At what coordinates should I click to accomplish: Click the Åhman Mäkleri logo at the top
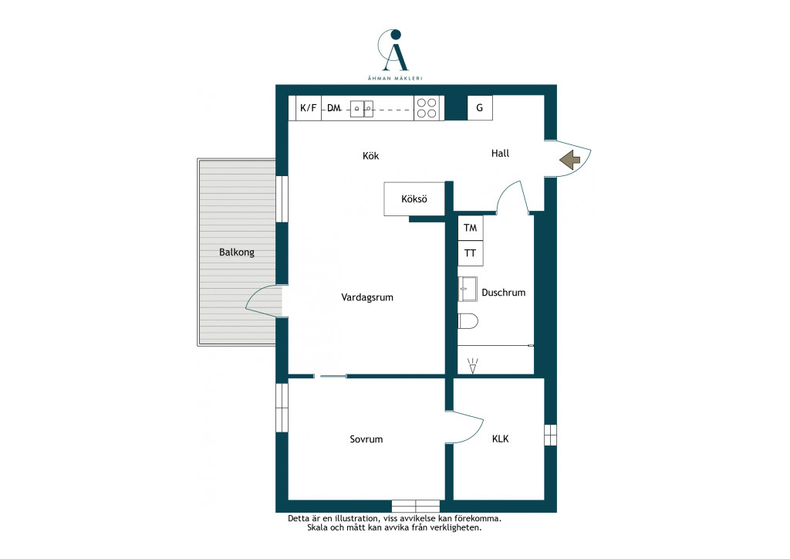click(x=395, y=55)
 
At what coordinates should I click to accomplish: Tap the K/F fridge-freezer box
click(x=309, y=108)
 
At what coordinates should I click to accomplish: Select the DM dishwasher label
click(x=333, y=108)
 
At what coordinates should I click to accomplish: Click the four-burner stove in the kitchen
click(x=427, y=108)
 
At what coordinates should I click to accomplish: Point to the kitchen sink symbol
click(x=362, y=109)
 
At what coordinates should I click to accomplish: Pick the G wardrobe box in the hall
click(x=480, y=108)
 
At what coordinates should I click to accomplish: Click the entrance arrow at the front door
click(x=570, y=160)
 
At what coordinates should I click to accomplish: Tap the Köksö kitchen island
click(x=414, y=199)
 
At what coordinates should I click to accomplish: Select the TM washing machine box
click(x=471, y=228)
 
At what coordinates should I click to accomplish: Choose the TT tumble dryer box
click(x=471, y=253)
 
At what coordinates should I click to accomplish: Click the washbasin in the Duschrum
click(x=468, y=289)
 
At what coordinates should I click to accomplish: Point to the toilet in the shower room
click(x=468, y=321)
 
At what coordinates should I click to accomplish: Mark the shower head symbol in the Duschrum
click(x=473, y=366)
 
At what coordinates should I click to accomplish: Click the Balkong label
click(x=237, y=252)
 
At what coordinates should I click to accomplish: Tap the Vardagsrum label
click(x=367, y=297)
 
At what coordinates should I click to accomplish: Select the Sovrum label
click(x=366, y=439)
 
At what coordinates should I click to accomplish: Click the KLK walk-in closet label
click(x=500, y=439)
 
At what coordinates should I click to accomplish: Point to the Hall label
click(x=500, y=153)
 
